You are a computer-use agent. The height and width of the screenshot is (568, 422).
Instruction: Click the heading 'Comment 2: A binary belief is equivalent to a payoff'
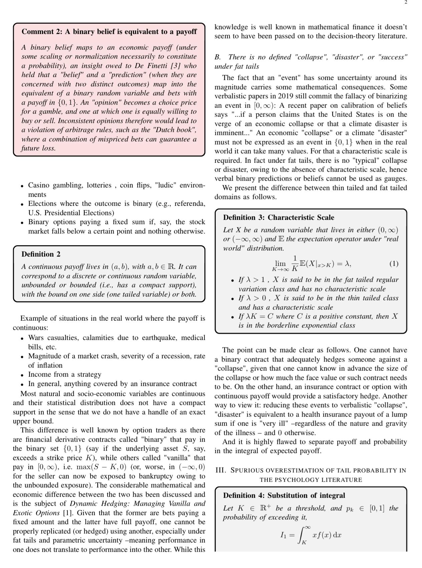click(109, 32)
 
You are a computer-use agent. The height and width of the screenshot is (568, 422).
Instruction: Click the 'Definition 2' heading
click(41, 254)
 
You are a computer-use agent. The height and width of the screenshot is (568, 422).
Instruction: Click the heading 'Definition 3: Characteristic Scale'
click(278, 217)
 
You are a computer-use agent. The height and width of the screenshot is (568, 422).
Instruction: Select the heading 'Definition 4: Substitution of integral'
click(284, 495)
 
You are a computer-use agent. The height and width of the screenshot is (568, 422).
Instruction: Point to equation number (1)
click(394, 264)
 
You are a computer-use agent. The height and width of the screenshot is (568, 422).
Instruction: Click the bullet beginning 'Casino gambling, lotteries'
click(116, 190)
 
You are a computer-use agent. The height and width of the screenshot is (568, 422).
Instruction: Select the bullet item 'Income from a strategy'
click(64, 374)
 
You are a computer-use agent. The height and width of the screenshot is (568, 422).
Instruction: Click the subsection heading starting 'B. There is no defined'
click(310, 61)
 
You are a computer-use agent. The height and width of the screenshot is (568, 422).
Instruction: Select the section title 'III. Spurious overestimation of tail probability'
click(310, 475)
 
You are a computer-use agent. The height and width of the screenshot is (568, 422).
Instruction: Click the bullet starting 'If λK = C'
click(318, 321)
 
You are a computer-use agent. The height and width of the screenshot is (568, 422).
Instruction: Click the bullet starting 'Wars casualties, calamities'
click(116, 342)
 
